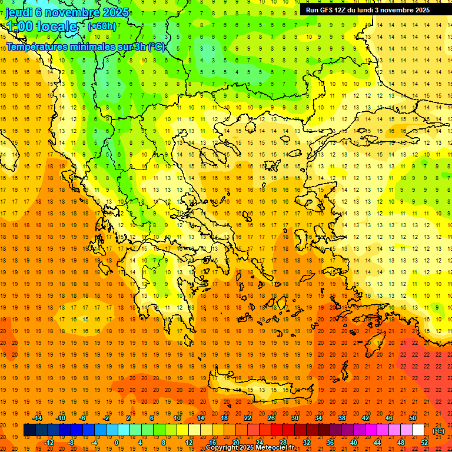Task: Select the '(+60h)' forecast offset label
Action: point(102,26)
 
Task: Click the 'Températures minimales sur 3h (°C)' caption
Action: point(86,47)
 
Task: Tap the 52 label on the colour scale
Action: point(424,443)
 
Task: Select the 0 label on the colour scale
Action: point(116,443)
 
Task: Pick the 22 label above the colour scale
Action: point(248,418)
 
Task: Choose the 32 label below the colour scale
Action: point(307,443)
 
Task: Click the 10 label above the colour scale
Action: point(177,418)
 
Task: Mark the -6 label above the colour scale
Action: point(82,418)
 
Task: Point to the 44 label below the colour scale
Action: point(377,443)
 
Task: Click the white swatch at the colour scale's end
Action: point(418,430)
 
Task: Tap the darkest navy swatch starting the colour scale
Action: point(29,430)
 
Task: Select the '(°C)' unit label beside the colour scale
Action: point(438,431)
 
